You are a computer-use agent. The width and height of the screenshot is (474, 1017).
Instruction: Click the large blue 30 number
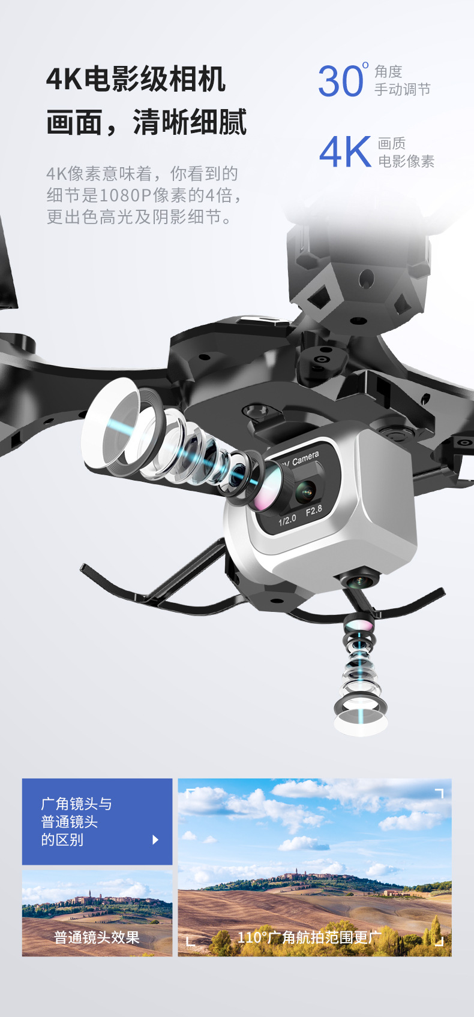pos(340,81)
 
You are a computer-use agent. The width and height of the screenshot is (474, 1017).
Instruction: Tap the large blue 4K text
pos(346,152)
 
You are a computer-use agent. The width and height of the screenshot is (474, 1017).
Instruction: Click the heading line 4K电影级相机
pos(136,79)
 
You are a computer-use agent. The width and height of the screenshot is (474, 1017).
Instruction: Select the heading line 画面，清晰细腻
pos(146,122)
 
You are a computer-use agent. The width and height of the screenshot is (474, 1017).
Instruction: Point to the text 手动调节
pos(402,89)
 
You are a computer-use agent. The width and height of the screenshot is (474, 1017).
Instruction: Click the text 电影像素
pos(406,161)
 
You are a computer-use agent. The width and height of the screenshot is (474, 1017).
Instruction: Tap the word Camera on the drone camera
pos(305,458)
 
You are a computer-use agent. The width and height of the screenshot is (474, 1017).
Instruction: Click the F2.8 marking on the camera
pos(314,511)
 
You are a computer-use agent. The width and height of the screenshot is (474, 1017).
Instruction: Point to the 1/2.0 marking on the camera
pos(287,520)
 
